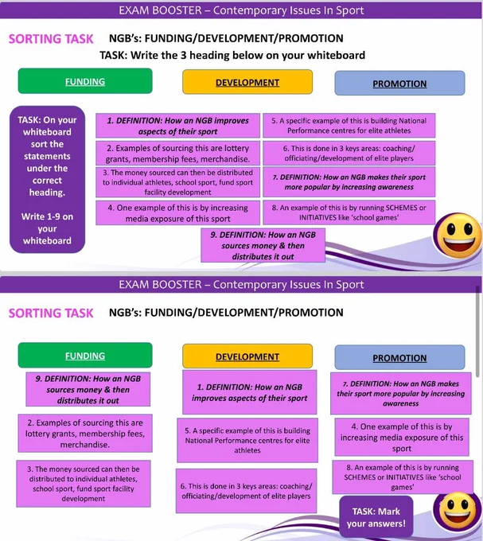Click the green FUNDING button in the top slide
coord(85,81)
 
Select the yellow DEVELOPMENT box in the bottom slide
coord(247,356)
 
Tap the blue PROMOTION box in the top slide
coord(399,84)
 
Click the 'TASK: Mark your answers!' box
coord(376,517)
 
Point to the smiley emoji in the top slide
coord(458,235)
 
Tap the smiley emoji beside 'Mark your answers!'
coord(458,512)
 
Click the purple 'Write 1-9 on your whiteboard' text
coord(47,228)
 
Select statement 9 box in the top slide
coord(263,245)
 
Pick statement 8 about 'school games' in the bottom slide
coord(403,477)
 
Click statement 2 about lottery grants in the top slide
coord(177,154)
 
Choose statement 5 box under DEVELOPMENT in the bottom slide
coord(247,440)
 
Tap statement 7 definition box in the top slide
coord(349,182)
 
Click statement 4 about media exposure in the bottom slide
coord(402,437)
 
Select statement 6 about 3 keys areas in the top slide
coord(349,154)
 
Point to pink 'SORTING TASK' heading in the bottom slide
coord(51,313)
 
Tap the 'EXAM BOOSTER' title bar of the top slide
coord(241,10)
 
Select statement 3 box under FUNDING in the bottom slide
coord(84,484)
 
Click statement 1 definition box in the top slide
coord(177,126)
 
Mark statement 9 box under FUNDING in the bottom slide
coord(88,389)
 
